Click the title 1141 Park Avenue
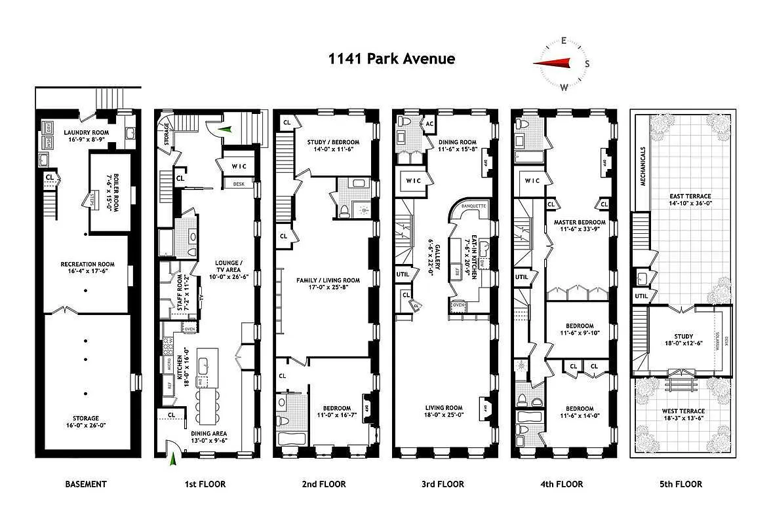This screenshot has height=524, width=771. [x=391, y=59]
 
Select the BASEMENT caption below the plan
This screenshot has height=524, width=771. [x=85, y=484]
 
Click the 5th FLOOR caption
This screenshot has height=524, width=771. [x=681, y=484]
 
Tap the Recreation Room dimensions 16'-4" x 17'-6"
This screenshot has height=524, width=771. [x=87, y=271]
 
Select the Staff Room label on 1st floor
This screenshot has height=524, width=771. [x=180, y=295]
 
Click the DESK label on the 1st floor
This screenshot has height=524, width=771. [x=239, y=184]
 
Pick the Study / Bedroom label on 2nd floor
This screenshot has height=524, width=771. [x=333, y=142]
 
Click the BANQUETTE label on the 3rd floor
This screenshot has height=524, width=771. [x=473, y=206]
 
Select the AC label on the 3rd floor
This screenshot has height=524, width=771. [x=429, y=123]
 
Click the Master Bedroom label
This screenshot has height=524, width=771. [x=580, y=222]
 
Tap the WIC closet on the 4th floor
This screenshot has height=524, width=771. [x=532, y=181]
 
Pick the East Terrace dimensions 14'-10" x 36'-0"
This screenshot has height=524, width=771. [x=690, y=204]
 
